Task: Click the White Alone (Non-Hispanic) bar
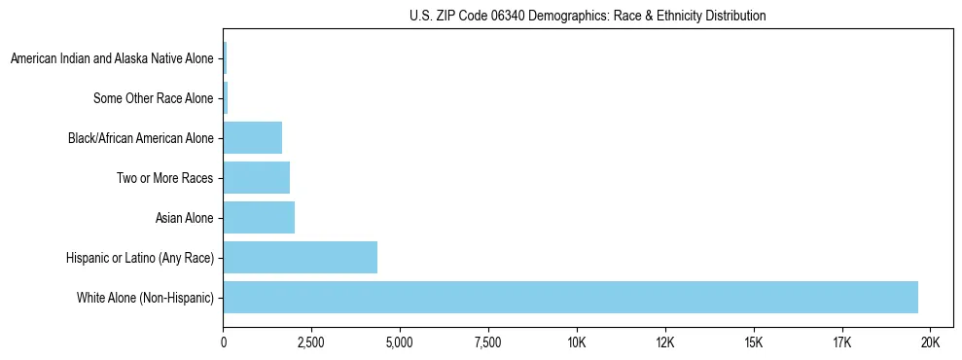571,297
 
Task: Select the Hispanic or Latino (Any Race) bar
301,257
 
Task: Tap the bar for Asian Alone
259,217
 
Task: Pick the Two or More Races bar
257,177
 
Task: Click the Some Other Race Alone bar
226,98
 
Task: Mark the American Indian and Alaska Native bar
225,58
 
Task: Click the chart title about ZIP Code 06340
588,16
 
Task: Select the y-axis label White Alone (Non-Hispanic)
145,298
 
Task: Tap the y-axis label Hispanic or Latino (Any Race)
139,258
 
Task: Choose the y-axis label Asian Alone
184,218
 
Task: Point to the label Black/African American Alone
141,138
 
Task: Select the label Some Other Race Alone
153,98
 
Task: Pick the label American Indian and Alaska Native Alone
112,59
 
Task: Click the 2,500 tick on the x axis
311,342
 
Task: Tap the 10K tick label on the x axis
577,342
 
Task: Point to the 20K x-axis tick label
930,342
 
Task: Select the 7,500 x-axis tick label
488,342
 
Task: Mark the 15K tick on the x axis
754,342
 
